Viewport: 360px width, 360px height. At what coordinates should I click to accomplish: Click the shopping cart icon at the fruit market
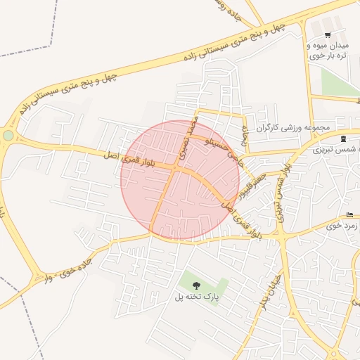point(328,35)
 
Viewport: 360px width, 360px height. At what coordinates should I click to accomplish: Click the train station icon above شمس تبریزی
point(342,139)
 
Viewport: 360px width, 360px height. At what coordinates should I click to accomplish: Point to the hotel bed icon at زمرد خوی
point(350,215)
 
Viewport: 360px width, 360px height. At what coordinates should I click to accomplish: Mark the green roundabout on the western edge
point(8,135)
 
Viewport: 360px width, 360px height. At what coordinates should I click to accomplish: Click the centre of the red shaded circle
point(180,180)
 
